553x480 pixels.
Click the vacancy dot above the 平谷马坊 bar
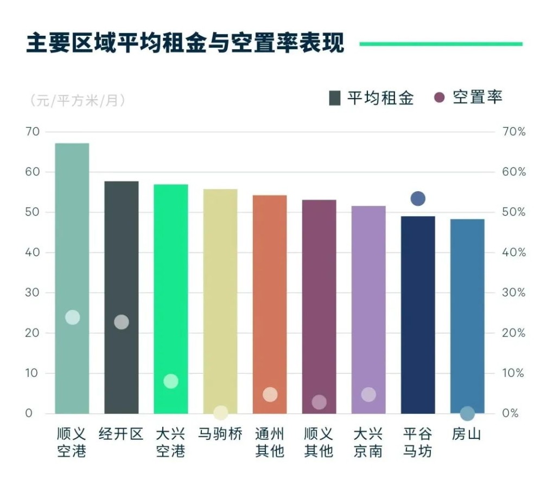click(418, 199)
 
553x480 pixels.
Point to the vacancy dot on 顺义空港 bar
click(72, 317)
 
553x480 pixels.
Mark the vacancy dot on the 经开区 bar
click(122, 322)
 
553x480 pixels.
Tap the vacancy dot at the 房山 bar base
click(467, 414)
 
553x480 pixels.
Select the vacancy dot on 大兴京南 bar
click(368, 395)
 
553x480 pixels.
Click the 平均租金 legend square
click(334, 98)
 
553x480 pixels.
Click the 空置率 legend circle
click(440, 98)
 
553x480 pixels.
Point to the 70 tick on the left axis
click(32, 132)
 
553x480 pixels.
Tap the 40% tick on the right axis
click(513, 252)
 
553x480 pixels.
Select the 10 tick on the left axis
click(32, 373)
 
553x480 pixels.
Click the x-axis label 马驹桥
click(220, 434)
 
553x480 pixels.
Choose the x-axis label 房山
click(467, 434)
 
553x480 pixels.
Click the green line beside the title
click(441, 44)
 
